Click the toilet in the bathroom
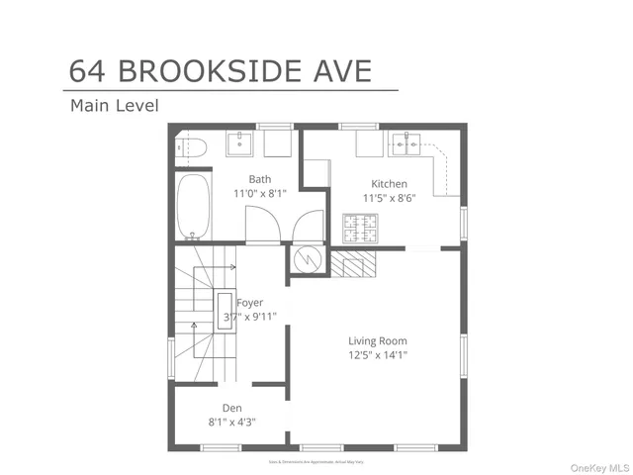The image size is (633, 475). [x=193, y=148]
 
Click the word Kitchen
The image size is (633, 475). [x=389, y=183]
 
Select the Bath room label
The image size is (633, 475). [x=259, y=179]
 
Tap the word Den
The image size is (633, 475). [x=231, y=408]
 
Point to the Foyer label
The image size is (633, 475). [x=250, y=303]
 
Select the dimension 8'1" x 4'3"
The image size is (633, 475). [x=231, y=422]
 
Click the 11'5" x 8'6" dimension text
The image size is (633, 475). [x=389, y=197]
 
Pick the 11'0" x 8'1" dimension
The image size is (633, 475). [x=259, y=194]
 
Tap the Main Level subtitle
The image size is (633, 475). [x=114, y=105]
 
